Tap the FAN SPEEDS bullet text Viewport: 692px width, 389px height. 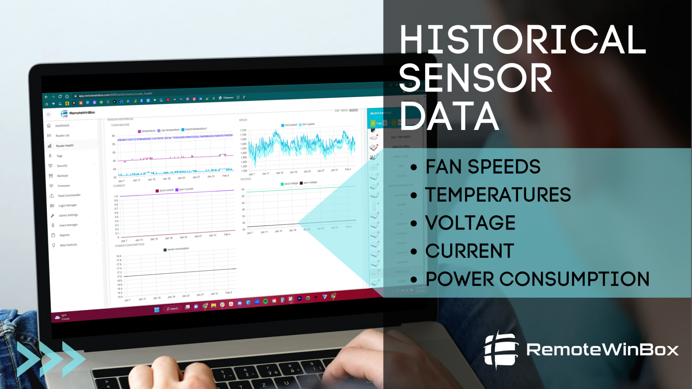pyautogui.click(x=483, y=167)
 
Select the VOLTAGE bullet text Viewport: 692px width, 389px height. pyautogui.click(x=470, y=223)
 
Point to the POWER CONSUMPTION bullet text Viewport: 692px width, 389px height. pyautogui.click(x=537, y=279)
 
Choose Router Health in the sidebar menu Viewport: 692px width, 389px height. pyautogui.click(x=65, y=146)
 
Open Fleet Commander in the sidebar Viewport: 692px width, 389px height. pyautogui.click(x=69, y=196)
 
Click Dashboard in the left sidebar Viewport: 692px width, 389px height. pyautogui.click(x=62, y=126)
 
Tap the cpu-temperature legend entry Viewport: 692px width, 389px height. pyautogui.click(x=170, y=130)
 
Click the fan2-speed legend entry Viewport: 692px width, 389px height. pyautogui.click(x=291, y=125)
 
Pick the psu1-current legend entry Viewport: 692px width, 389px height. pyautogui.click(x=186, y=189)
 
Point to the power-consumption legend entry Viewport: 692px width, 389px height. pyautogui.click(x=178, y=249)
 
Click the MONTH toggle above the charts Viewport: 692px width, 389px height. pyautogui.click(x=353, y=110)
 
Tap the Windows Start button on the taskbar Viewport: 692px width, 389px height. pyautogui.click(x=157, y=310)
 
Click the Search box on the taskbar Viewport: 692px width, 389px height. pyautogui.click(x=173, y=309)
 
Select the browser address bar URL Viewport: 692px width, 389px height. pyautogui.click(x=115, y=95)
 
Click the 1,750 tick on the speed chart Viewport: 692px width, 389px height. pyautogui.click(x=243, y=130)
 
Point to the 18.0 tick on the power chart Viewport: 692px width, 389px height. pyautogui.click(x=119, y=256)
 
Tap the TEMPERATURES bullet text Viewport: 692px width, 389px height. pyautogui.click(x=498, y=195)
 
